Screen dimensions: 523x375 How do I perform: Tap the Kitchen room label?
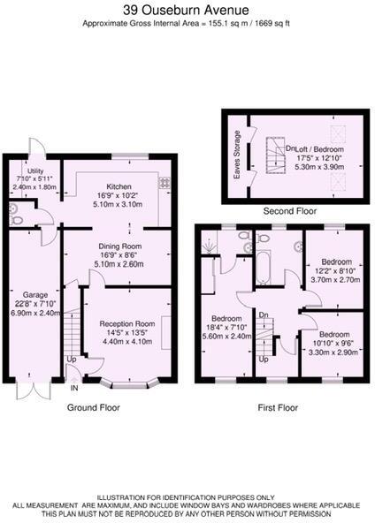[x=119, y=187]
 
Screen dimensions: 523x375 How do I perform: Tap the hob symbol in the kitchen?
[x=164, y=183]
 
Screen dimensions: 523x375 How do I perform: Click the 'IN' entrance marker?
[x=74, y=387]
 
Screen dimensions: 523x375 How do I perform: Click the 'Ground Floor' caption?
[x=94, y=408]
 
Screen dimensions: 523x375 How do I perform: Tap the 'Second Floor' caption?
[x=288, y=212]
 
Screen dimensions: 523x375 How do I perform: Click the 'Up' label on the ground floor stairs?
[x=71, y=360]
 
